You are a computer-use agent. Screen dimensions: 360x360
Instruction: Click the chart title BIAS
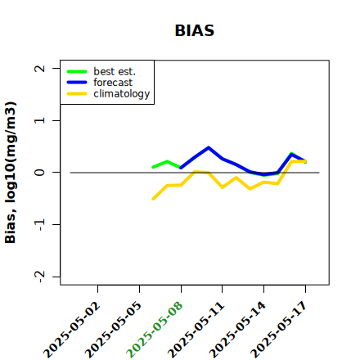(x=195, y=30)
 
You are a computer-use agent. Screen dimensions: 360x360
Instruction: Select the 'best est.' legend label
(x=115, y=71)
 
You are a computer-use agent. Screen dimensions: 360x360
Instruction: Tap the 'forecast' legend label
(x=113, y=83)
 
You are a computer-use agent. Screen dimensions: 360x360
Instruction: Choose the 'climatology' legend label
(x=122, y=94)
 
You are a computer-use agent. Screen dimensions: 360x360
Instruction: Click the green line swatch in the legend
(x=77, y=72)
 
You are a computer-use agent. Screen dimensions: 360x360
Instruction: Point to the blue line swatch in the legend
(x=77, y=83)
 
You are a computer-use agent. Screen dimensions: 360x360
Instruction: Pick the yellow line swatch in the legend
(x=77, y=94)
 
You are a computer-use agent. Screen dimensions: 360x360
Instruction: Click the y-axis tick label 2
(x=40, y=68)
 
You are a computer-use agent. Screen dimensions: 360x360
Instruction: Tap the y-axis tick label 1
(x=40, y=120)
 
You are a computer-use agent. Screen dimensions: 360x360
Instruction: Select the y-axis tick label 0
(x=40, y=173)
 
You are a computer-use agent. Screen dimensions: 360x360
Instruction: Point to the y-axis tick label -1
(x=40, y=224)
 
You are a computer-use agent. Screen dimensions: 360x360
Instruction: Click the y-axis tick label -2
(x=40, y=277)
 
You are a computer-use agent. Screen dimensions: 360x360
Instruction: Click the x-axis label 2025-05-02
(x=72, y=330)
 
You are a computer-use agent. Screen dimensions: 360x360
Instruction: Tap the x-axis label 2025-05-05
(x=113, y=330)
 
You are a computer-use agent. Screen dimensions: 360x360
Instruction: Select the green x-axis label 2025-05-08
(x=155, y=330)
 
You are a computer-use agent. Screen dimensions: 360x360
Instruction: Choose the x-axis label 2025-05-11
(x=196, y=330)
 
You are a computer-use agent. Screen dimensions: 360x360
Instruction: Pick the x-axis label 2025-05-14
(x=237, y=330)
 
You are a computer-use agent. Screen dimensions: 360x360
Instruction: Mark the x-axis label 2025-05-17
(x=279, y=330)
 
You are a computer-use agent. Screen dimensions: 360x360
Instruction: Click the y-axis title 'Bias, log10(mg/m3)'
(x=11, y=173)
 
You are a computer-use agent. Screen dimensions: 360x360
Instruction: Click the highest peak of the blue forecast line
(x=209, y=147)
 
